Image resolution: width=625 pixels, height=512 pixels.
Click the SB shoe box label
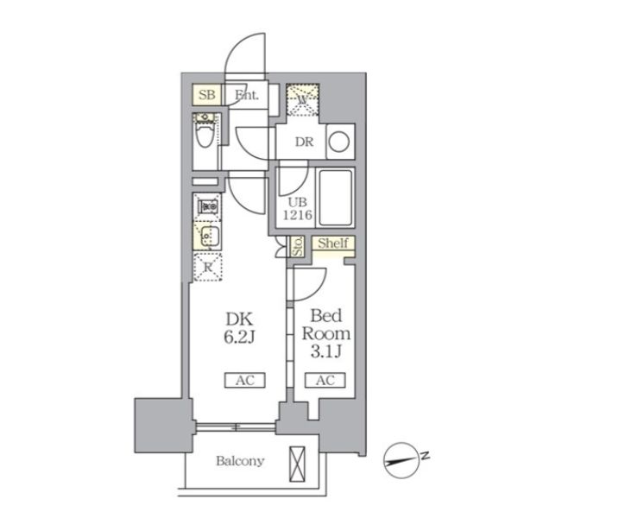click(x=207, y=95)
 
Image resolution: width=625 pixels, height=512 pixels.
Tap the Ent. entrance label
click(x=247, y=95)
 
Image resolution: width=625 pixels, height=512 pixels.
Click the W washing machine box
click(x=302, y=99)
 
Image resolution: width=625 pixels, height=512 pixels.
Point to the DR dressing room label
click(x=304, y=142)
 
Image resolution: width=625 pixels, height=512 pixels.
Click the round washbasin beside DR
click(x=339, y=142)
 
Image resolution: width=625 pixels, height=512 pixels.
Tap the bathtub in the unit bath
click(x=336, y=198)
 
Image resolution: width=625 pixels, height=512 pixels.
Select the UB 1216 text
click(x=297, y=209)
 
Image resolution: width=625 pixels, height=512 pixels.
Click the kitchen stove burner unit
click(x=208, y=206)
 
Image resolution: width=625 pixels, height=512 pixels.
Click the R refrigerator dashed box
click(x=208, y=267)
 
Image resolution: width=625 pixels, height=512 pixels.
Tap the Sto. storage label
click(x=298, y=246)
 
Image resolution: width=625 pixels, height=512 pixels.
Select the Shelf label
click(x=333, y=243)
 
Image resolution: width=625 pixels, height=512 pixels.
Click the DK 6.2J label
click(x=239, y=328)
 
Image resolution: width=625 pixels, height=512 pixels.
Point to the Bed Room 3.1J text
click(x=325, y=333)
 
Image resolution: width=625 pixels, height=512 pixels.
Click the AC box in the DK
click(x=245, y=380)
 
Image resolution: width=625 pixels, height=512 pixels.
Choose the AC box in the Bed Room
click(x=325, y=380)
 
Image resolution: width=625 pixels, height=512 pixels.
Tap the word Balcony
click(x=240, y=461)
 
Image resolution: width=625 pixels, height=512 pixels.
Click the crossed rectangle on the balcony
click(x=297, y=464)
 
